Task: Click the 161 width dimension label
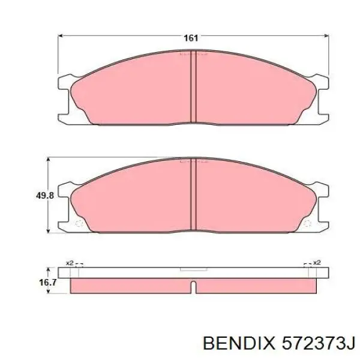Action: [191, 38]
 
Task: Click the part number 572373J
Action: [314, 343]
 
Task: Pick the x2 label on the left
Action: [69, 263]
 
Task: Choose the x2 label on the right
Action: [316, 263]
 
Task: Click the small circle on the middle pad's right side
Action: [308, 224]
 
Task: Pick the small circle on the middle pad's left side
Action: [78, 224]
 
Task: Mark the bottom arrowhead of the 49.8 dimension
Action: [49, 232]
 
